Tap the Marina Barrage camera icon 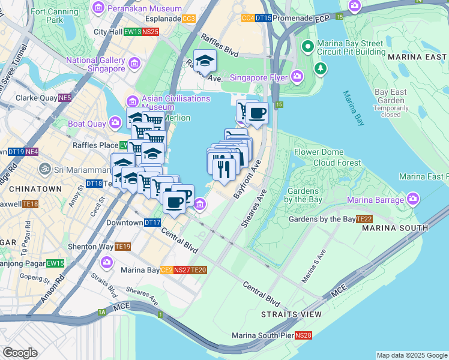[412, 198]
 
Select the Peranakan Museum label [144, 8]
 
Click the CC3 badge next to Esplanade [188, 19]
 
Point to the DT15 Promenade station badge [263, 19]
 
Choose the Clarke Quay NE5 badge [65, 98]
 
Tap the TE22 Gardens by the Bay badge [364, 219]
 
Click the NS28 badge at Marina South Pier [304, 335]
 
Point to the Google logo [20, 353]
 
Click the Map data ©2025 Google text [411, 355]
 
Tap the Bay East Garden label [390, 97]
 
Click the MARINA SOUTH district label [403, 229]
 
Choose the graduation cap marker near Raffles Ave [205, 61]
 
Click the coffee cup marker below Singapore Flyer [257, 113]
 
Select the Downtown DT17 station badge [152, 223]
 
